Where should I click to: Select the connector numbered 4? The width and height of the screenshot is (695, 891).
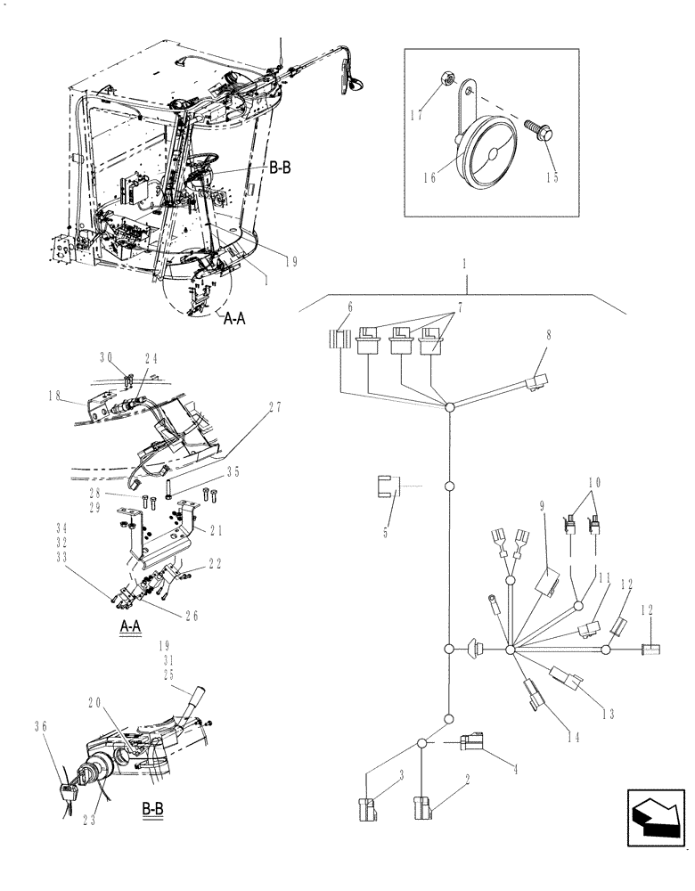click(x=473, y=742)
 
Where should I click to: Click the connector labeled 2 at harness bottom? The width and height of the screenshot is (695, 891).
click(x=421, y=810)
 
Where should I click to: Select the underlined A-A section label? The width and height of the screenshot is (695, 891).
click(x=130, y=626)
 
